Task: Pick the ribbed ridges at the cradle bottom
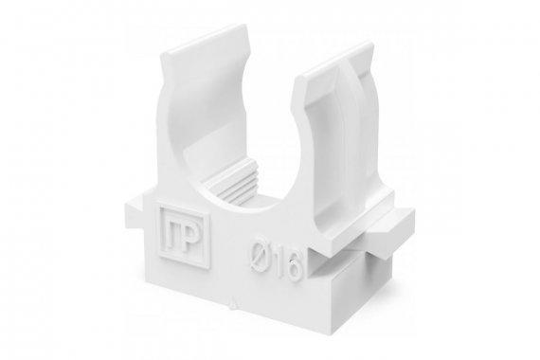tap(232, 186)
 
